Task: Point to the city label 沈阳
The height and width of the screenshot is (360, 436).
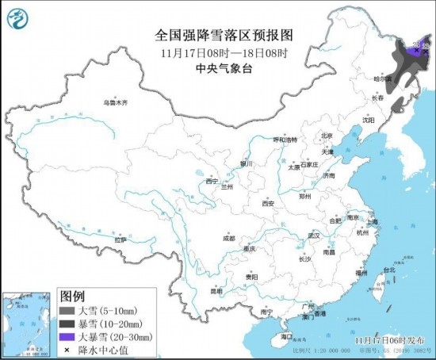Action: click(x=368, y=120)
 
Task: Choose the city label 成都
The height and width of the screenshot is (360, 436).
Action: click(x=228, y=238)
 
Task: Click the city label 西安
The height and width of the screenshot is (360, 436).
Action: click(x=267, y=204)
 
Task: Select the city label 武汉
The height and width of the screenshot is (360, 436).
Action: click(x=313, y=236)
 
